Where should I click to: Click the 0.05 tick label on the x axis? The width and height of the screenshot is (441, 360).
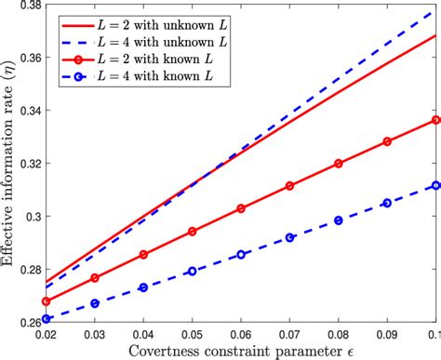[192, 332]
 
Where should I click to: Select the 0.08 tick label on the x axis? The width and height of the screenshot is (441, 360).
[338, 332]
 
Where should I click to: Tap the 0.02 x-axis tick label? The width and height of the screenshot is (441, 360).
[46, 332]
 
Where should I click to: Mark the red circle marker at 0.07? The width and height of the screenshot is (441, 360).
[289, 186]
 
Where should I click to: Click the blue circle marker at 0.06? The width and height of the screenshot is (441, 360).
[241, 254]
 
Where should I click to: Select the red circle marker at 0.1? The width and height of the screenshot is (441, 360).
[434, 120]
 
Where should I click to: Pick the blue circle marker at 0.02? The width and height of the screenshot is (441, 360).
[46, 319]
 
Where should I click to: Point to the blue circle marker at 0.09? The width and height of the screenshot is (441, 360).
[386, 203]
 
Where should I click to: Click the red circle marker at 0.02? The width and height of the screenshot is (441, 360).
[46, 301]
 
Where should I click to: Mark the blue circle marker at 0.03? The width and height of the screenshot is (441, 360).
[95, 303]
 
